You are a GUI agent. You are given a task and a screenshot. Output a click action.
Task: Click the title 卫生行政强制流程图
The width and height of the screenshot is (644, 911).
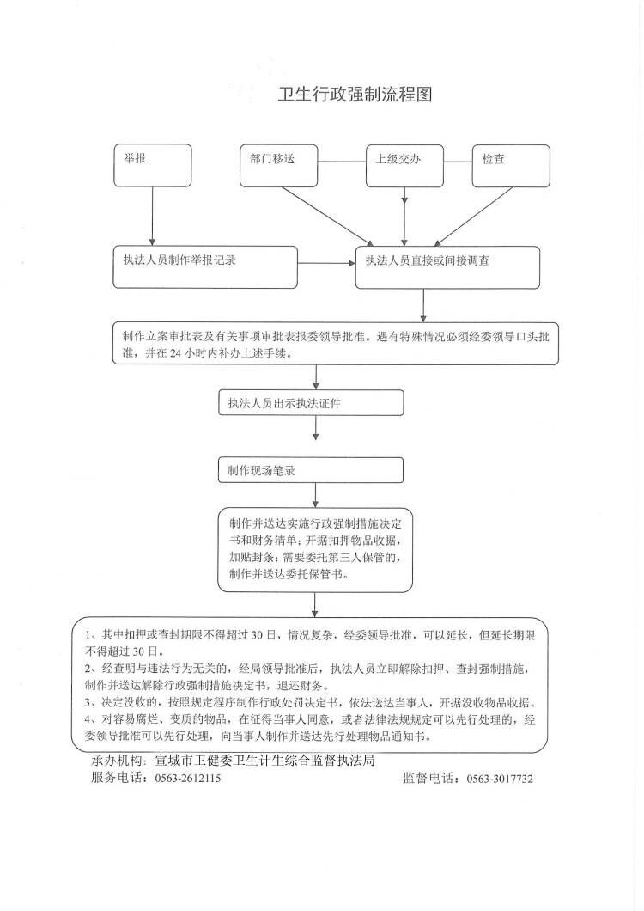pos(355,94)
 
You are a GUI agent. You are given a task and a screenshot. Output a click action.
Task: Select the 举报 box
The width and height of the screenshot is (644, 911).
pos(152,166)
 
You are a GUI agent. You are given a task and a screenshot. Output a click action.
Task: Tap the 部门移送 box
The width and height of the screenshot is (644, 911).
pos(279,166)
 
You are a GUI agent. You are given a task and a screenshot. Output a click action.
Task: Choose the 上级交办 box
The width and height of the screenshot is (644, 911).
pos(404,166)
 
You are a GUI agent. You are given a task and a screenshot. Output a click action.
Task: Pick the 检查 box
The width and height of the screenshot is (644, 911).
pos(511,166)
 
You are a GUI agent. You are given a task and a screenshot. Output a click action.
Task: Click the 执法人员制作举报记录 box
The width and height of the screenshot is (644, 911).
pos(205,266)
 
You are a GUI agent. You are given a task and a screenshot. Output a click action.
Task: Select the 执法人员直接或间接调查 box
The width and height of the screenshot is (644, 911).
pos(447,267)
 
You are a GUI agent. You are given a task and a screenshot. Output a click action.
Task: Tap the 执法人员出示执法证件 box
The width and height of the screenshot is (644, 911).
pos(311,402)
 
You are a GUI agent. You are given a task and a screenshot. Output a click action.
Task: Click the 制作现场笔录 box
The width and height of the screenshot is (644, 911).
pos(311,470)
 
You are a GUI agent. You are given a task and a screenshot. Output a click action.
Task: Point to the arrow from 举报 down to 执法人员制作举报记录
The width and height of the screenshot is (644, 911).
pos(152,216)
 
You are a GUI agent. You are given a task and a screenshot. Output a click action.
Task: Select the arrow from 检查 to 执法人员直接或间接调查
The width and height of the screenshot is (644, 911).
pos(474,216)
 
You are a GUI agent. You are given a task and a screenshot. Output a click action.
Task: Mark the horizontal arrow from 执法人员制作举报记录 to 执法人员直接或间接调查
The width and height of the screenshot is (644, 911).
pos(326,264)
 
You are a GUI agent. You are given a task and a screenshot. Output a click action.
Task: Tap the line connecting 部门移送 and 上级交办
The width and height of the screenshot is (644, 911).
pos(342,162)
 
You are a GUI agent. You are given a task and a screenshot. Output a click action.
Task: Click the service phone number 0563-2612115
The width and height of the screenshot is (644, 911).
pos(187,779)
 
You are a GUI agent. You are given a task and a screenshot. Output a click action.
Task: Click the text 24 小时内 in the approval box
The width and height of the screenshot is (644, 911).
pos(195,353)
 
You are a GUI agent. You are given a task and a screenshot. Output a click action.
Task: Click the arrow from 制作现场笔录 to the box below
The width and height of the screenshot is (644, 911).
pos(315,494)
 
